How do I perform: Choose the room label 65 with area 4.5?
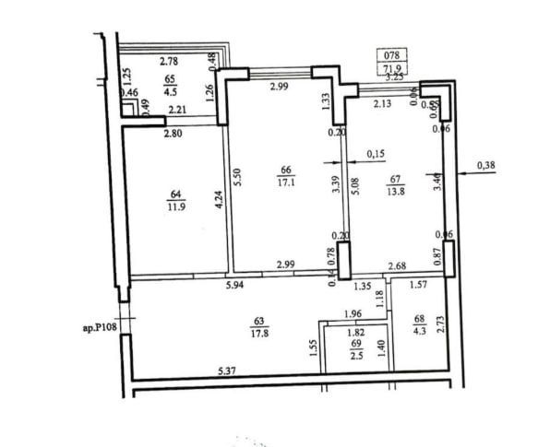[x=170, y=86]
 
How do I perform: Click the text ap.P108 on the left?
[x=99, y=326]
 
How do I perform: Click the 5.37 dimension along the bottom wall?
[x=227, y=371]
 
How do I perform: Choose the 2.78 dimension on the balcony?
[x=169, y=62]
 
